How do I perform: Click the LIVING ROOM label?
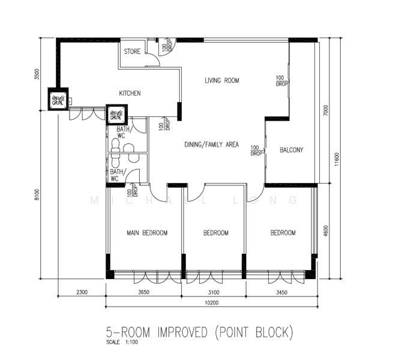(x=221, y=80)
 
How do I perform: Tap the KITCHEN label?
(x=130, y=94)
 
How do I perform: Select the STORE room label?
(x=132, y=52)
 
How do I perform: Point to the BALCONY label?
(x=292, y=150)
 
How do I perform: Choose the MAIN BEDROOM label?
(x=146, y=233)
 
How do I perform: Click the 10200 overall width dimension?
(x=211, y=303)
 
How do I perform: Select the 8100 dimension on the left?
(x=37, y=196)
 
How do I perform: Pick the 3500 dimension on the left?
(x=37, y=74)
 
